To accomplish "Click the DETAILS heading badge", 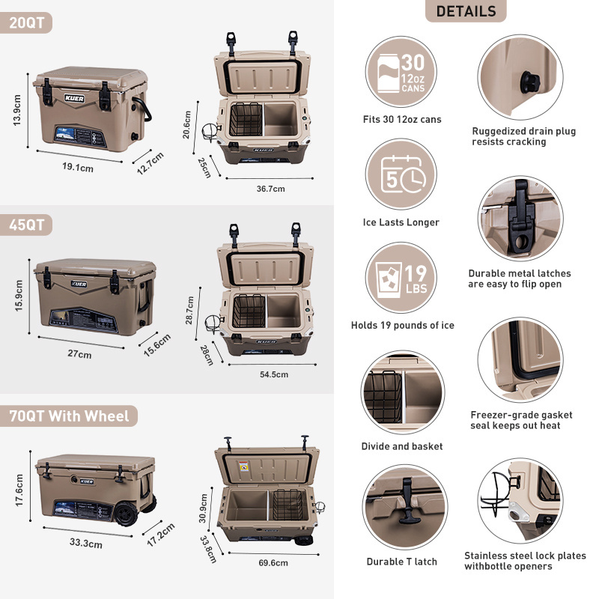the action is pyautogui.click(x=466, y=10).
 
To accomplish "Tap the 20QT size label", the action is pyautogui.click(x=26, y=22).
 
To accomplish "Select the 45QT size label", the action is pyautogui.click(x=26, y=225).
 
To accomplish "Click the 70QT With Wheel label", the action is pyautogui.click(x=69, y=416).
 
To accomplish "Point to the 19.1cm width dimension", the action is pyautogui.click(x=78, y=167).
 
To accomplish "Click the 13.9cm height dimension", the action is pyautogui.click(x=17, y=110).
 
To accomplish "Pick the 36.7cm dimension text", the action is pyautogui.click(x=270, y=189).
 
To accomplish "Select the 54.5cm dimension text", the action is pyautogui.click(x=274, y=374).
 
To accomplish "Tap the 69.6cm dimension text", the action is pyautogui.click(x=273, y=563).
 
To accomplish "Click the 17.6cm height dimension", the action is pyautogui.click(x=19, y=490).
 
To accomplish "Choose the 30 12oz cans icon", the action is pyautogui.click(x=401, y=72).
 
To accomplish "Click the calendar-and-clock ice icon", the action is pyautogui.click(x=401, y=174).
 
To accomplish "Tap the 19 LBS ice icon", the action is pyautogui.click(x=401, y=277).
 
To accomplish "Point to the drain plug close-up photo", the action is pyautogui.click(x=520, y=77).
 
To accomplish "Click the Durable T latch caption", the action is pyautogui.click(x=402, y=562).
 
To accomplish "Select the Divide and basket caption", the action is pyautogui.click(x=402, y=446).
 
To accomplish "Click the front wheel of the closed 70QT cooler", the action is pyautogui.click(x=127, y=514).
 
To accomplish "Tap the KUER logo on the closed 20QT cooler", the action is pyautogui.click(x=74, y=99).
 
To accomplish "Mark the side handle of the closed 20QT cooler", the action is pyautogui.click(x=142, y=109).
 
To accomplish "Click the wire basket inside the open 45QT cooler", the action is pyautogui.click(x=249, y=311).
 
